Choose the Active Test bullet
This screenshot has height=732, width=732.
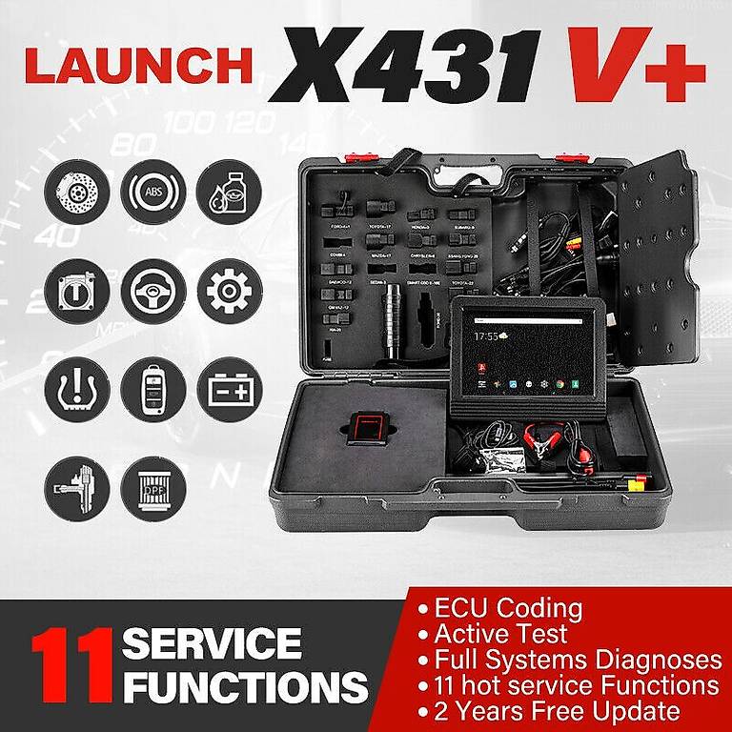499,634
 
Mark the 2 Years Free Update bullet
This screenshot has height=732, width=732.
557,711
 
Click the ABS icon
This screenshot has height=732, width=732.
153,192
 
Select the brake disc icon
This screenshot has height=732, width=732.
77,192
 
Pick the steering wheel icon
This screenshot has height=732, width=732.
153,291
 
